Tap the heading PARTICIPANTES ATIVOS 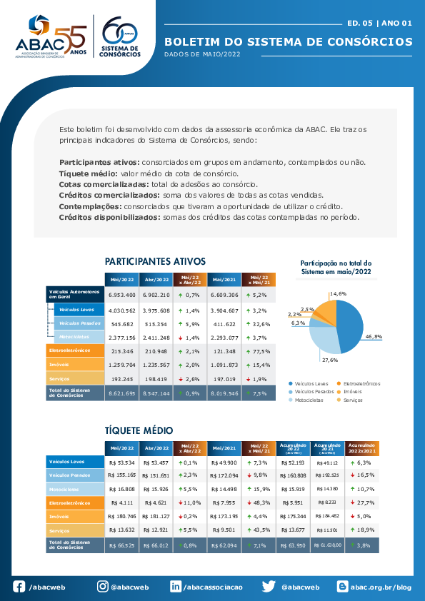pyautogui.click(x=155, y=261)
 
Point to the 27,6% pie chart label pyautogui.click(x=329, y=360)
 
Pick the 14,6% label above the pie pyautogui.click(x=338, y=293)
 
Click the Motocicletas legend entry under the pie pyautogui.click(x=309, y=400)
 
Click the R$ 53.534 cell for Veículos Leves pyautogui.click(x=121, y=462)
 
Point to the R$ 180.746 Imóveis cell pyautogui.click(x=121, y=515)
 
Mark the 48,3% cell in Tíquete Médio pyautogui.click(x=259, y=502)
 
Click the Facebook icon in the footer pyautogui.click(x=19, y=586)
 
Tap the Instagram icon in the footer pyautogui.click(x=103, y=586)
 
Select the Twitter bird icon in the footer pyautogui.click(x=269, y=586)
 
